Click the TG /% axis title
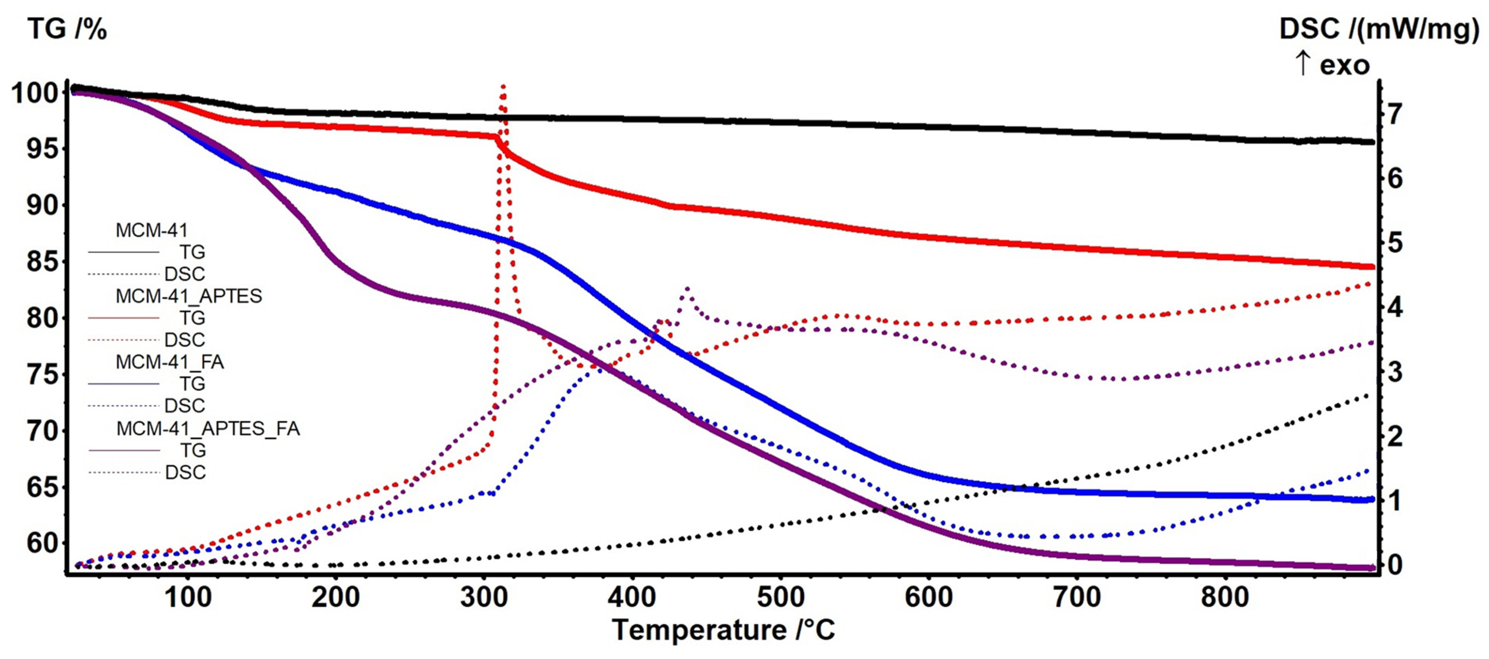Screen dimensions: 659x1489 (x=67, y=29)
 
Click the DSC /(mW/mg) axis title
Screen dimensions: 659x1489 (x=1379, y=29)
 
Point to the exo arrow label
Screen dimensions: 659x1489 (x=1332, y=65)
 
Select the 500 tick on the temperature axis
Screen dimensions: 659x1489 (x=780, y=597)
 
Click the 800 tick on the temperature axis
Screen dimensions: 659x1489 (x=1225, y=597)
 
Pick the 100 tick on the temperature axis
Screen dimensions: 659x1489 (x=188, y=597)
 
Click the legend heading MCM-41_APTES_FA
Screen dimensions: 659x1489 (x=208, y=428)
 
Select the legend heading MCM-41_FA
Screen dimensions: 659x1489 (x=169, y=362)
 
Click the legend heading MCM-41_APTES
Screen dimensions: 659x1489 (x=188, y=296)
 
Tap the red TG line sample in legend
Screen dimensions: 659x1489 (x=124, y=318)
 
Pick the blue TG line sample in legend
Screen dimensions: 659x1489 (x=124, y=384)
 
